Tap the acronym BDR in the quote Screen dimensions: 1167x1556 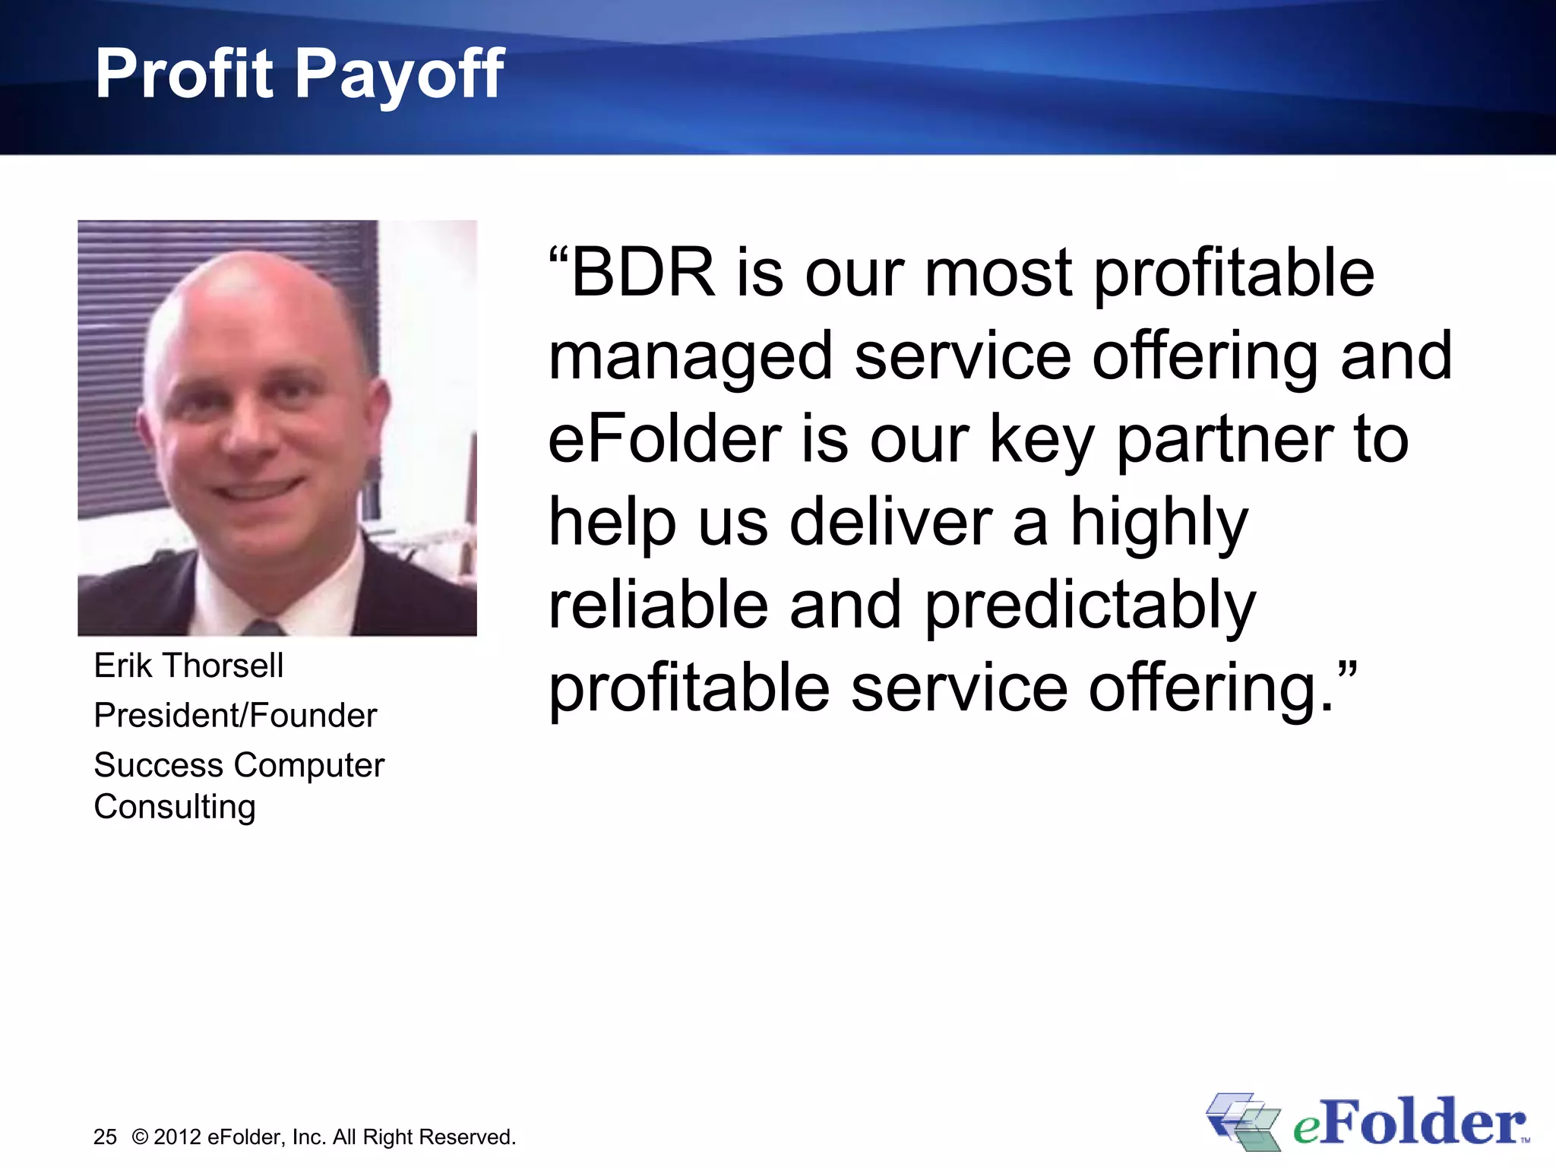pyautogui.click(x=643, y=273)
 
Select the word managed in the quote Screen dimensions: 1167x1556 pyautogui.click(x=691, y=357)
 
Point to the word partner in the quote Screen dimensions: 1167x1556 pyautogui.click(x=1224, y=441)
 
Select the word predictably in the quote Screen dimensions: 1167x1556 pyautogui.click(x=1090, y=608)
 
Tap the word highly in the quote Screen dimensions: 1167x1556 pyautogui.click(x=1159, y=524)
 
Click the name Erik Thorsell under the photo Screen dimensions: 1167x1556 pyautogui.click(x=188, y=666)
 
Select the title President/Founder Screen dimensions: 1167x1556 pyautogui.click(x=236, y=715)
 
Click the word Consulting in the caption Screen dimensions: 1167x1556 pyautogui.click(x=175, y=807)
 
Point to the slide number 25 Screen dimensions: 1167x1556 pyautogui.click(x=105, y=1137)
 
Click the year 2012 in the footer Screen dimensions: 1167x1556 pyautogui.click(x=177, y=1137)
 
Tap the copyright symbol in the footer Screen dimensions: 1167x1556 pyautogui.click(x=140, y=1137)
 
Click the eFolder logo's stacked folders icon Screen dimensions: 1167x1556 pyautogui.click(x=1243, y=1121)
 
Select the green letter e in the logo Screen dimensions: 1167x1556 pyautogui.click(x=1305, y=1127)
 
